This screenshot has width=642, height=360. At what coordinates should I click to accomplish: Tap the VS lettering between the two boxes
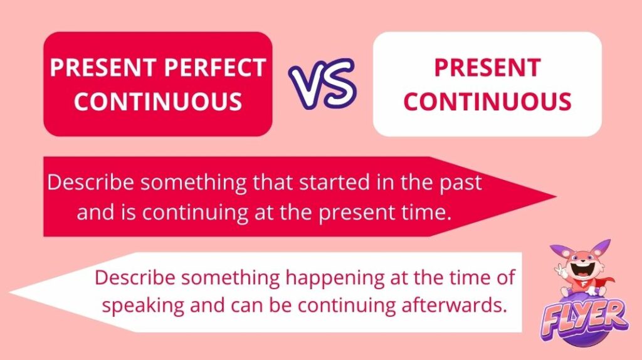point(322,84)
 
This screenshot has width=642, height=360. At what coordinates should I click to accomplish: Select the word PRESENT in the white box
point(487,68)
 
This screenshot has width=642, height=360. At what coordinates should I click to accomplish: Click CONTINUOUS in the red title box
point(158,102)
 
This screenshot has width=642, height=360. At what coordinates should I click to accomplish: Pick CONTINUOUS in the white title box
point(487,102)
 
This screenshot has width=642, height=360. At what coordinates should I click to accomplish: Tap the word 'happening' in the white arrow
point(335,278)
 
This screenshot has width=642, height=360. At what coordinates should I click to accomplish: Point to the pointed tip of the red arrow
point(556,196)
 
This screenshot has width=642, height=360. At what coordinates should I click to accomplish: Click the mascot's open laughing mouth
point(581,271)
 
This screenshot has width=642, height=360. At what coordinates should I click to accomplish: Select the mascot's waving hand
point(559,269)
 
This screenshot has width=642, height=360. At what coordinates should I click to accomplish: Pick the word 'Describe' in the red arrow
point(90,183)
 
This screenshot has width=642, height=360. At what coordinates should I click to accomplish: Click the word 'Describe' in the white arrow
point(135,278)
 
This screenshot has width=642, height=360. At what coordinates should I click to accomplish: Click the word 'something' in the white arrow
point(230,278)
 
